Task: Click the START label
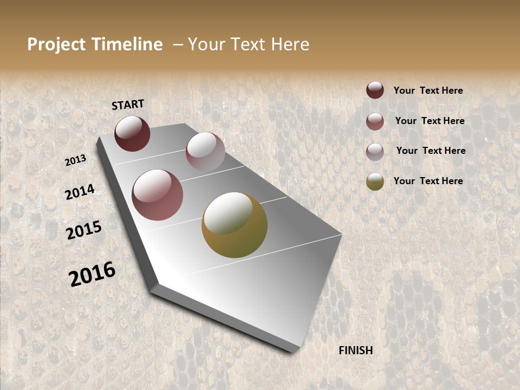tap(128, 105)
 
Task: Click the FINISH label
tap(356, 350)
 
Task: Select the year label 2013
tap(76, 160)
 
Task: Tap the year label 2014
tap(80, 192)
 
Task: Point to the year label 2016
tap(92, 274)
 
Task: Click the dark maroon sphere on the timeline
tap(132, 133)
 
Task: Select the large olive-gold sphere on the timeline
tap(235, 225)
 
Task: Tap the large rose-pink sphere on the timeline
tap(158, 195)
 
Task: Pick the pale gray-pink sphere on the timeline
tap(205, 152)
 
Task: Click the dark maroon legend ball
tap(375, 90)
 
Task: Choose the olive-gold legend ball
tap(375, 181)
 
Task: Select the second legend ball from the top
tap(375, 121)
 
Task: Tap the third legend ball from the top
tap(375, 152)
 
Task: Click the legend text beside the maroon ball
tap(428, 90)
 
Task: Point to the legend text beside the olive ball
tap(428, 181)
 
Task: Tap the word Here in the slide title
tap(290, 44)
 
